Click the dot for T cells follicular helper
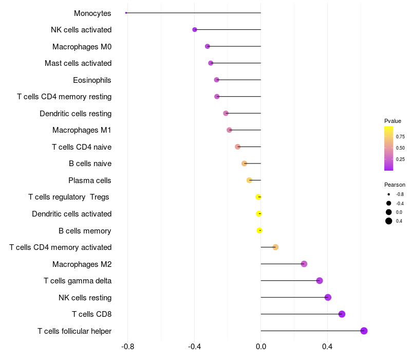tap(364, 331)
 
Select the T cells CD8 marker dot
tap(342, 314)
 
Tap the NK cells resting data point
tap(328, 297)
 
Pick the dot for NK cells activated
tap(195, 30)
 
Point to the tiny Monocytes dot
tap(126, 13)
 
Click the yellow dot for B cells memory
tap(259, 230)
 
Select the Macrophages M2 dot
tap(304, 264)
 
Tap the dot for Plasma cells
tap(249, 180)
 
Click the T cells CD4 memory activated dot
tap(275, 247)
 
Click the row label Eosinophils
tap(92, 80)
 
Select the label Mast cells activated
tap(78, 63)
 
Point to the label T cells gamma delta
tap(78, 281)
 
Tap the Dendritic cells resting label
tap(76, 114)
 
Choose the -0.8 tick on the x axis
tap(127, 347)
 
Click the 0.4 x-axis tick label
tap(327, 347)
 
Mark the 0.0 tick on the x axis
tap(261, 347)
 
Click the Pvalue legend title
tap(393, 121)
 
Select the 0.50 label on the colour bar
tap(400, 148)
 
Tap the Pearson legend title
tap(395, 185)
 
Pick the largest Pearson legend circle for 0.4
tap(389, 221)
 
